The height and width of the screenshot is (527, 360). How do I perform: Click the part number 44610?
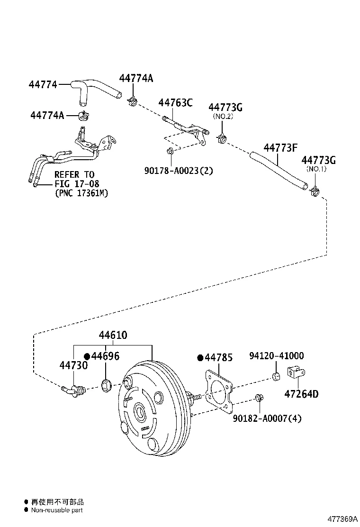pyautogui.click(x=113, y=336)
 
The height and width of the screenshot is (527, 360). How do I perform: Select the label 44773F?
pyautogui.click(x=280, y=147)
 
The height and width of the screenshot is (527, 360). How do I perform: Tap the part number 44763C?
pyautogui.click(x=175, y=102)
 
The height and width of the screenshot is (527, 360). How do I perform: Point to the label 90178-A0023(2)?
pyautogui.click(x=172, y=170)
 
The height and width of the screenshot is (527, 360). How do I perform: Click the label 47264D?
pyautogui.click(x=301, y=393)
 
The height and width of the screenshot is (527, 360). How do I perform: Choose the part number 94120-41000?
pyautogui.click(x=277, y=356)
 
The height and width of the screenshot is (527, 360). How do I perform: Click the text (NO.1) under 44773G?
pyautogui.click(x=316, y=169)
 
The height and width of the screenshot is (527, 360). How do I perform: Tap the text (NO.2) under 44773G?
pyautogui.click(x=223, y=116)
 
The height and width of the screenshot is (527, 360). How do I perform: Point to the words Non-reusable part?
pyautogui.click(x=57, y=510)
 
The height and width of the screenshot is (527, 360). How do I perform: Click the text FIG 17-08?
pyautogui.click(x=74, y=184)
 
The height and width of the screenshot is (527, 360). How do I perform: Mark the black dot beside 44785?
pyautogui.click(x=200, y=357)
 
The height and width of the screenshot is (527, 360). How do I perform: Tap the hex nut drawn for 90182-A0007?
pyautogui.click(x=259, y=397)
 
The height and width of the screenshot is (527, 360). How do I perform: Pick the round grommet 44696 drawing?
pyautogui.click(x=107, y=385)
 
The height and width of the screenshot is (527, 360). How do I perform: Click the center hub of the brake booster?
pyautogui.click(x=140, y=412)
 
